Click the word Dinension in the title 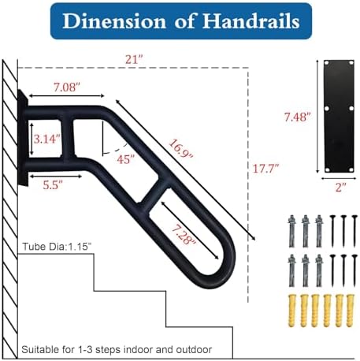114,20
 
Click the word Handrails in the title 251,20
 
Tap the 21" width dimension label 134,60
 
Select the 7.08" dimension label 66,87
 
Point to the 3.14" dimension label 46,139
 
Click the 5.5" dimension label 53,185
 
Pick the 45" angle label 125,159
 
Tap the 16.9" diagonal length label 181,149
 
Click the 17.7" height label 265,168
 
